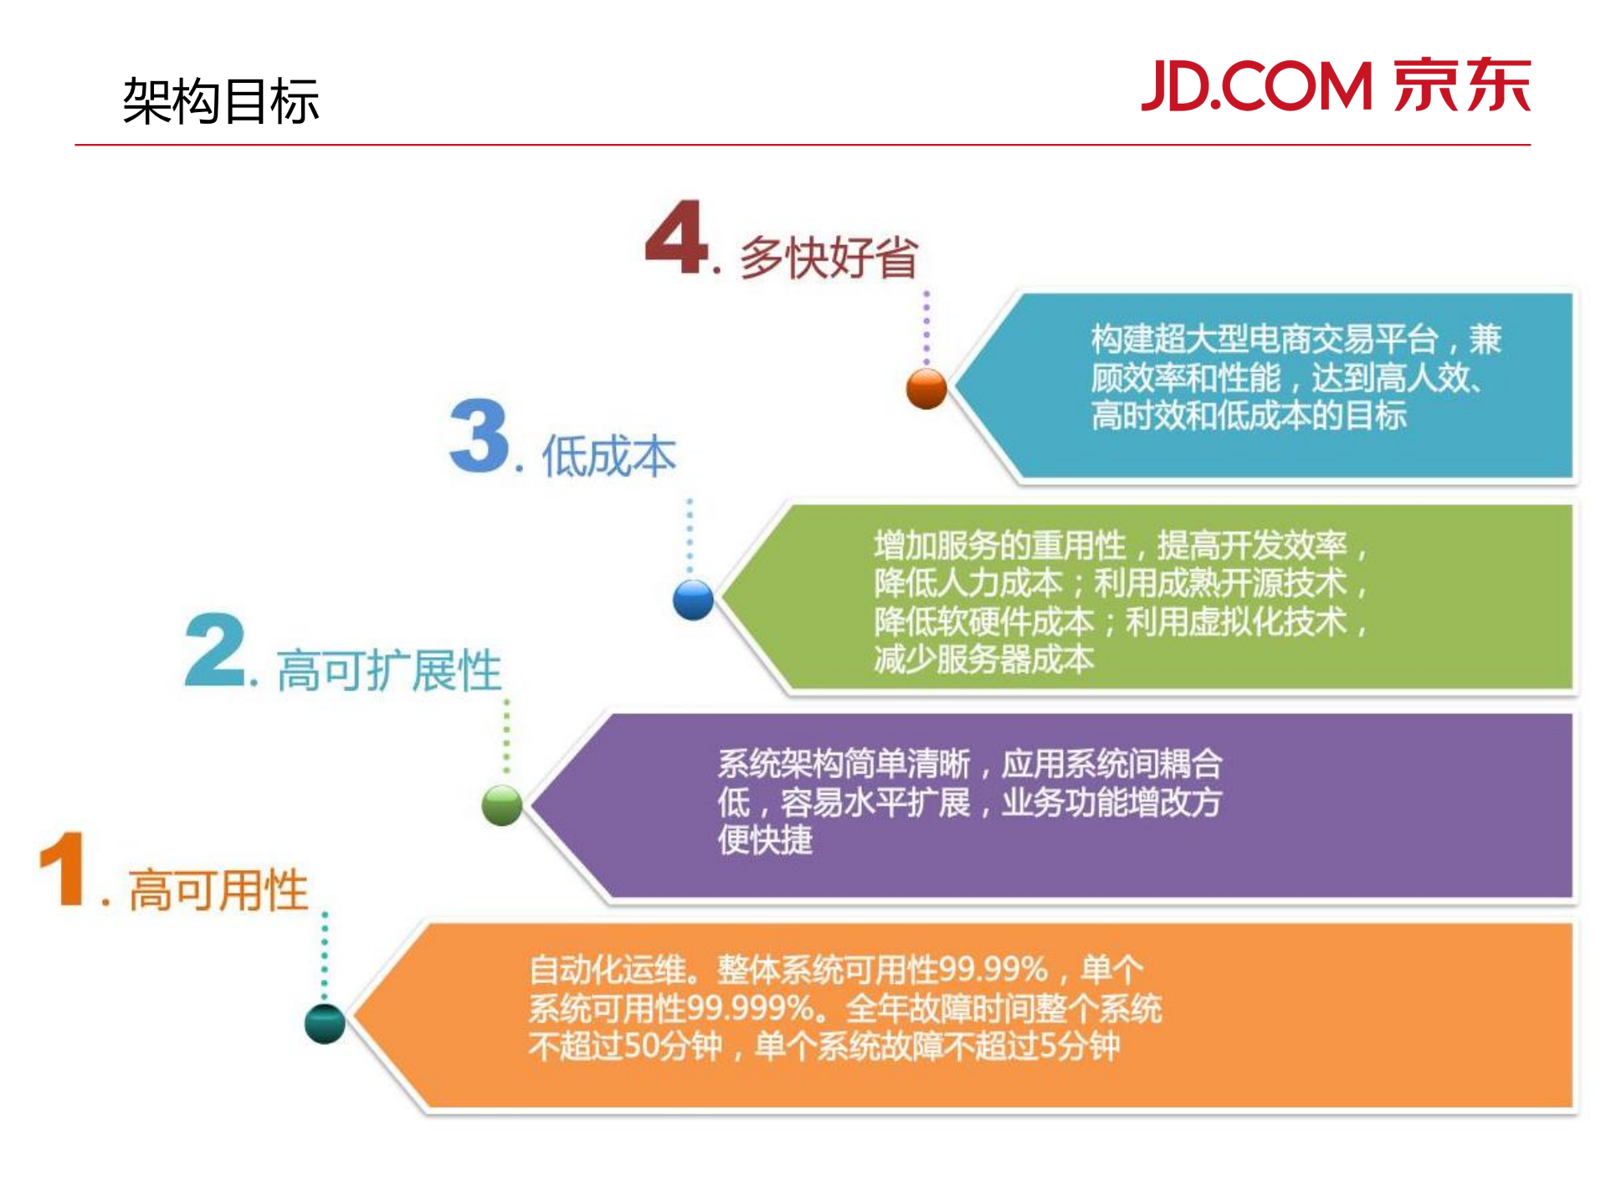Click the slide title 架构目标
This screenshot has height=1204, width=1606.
point(220,101)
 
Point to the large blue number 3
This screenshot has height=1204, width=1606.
point(479,437)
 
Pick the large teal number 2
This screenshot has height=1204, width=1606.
point(215,650)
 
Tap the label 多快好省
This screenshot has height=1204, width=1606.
point(829,257)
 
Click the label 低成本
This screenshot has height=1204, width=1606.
point(608,457)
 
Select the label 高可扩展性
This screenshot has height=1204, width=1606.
point(389,670)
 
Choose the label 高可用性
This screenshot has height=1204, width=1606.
point(218,889)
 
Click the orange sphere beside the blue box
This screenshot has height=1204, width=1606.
point(926,388)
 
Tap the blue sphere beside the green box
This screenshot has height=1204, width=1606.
point(693,599)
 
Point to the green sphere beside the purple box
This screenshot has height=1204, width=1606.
point(502,805)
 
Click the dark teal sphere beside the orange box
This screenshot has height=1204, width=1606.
point(325,1023)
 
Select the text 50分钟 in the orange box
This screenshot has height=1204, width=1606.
point(673,1046)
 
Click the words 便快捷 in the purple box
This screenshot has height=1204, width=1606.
point(765,840)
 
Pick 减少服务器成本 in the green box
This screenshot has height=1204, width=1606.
point(984,659)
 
